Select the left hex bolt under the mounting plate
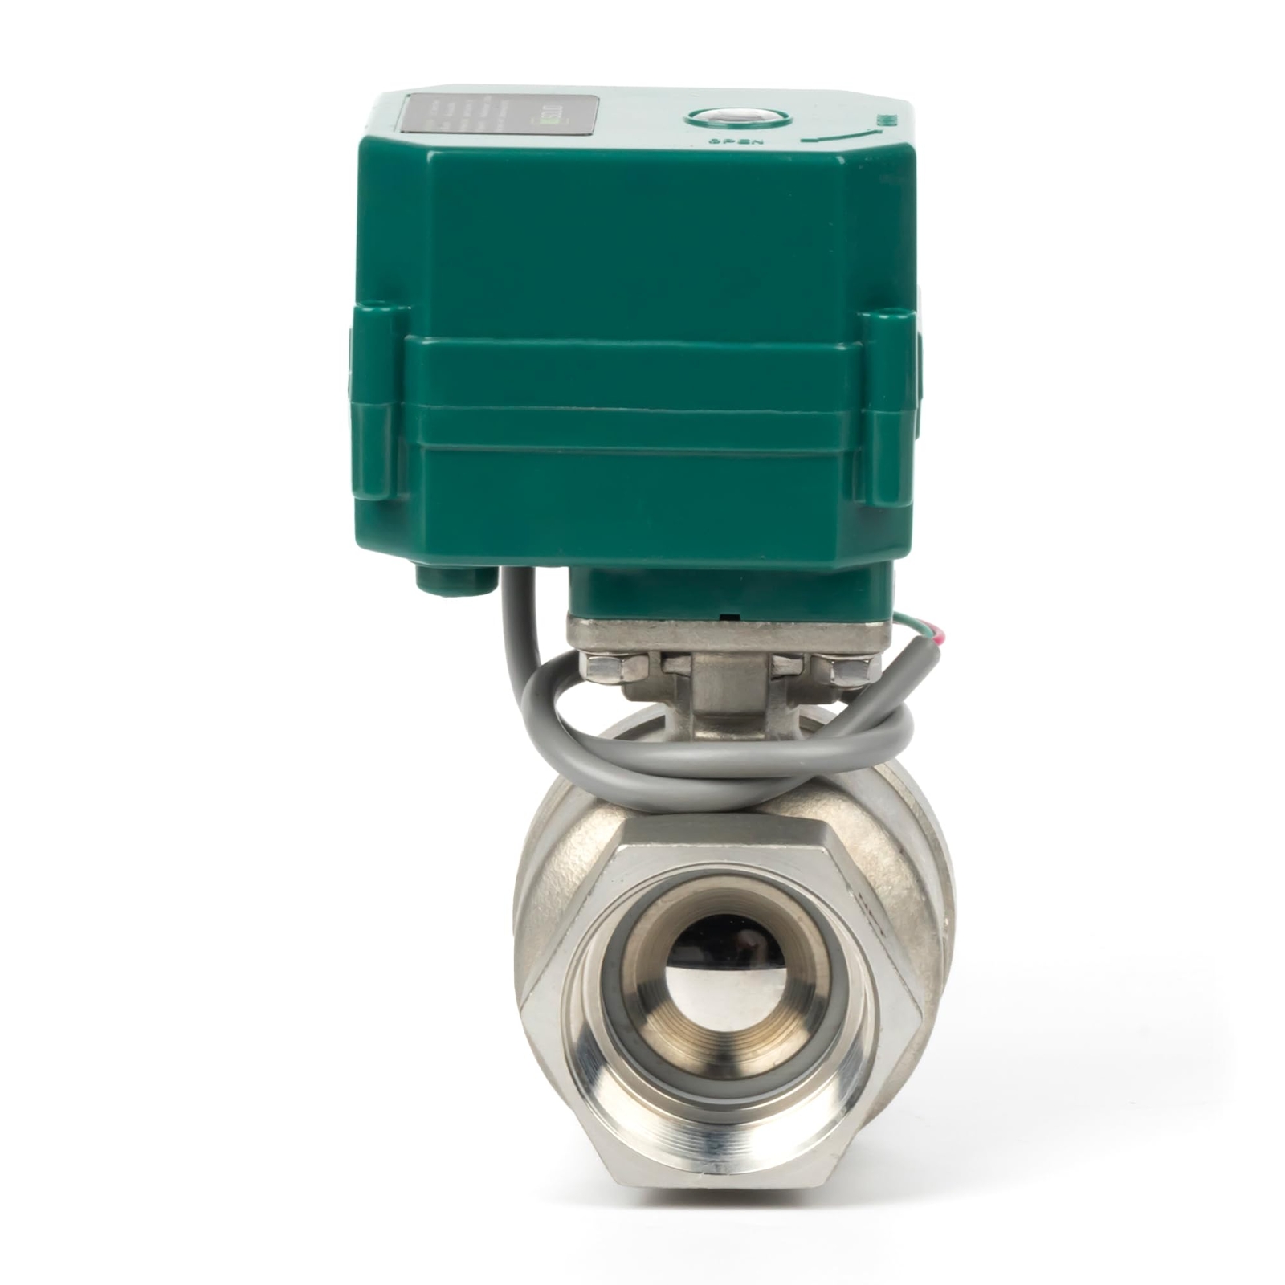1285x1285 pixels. point(607,667)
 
